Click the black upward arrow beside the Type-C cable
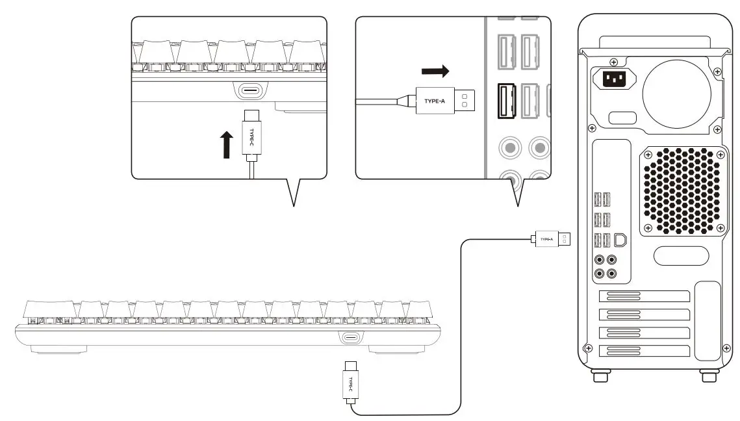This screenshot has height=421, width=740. pyautogui.click(x=226, y=144)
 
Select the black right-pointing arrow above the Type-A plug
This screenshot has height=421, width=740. pyautogui.click(x=435, y=70)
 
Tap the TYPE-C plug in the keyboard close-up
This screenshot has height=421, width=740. pyautogui.click(x=252, y=136)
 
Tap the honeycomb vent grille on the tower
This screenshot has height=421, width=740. pyautogui.click(x=681, y=190)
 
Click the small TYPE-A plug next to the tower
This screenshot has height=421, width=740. pyautogui.click(x=552, y=239)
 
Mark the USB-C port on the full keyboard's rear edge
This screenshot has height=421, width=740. pyautogui.click(x=351, y=337)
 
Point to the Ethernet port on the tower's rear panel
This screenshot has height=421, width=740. pyautogui.click(x=620, y=240)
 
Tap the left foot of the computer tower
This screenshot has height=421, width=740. pyautogui.click(x=597, y=376)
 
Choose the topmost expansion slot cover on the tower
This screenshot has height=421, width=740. pyautogui.click(x=644, y=297)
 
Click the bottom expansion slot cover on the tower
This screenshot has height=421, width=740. pyautogui.click(x=644, y=351)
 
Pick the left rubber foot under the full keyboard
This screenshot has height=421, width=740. pyautogui.click(x=59, y=350)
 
